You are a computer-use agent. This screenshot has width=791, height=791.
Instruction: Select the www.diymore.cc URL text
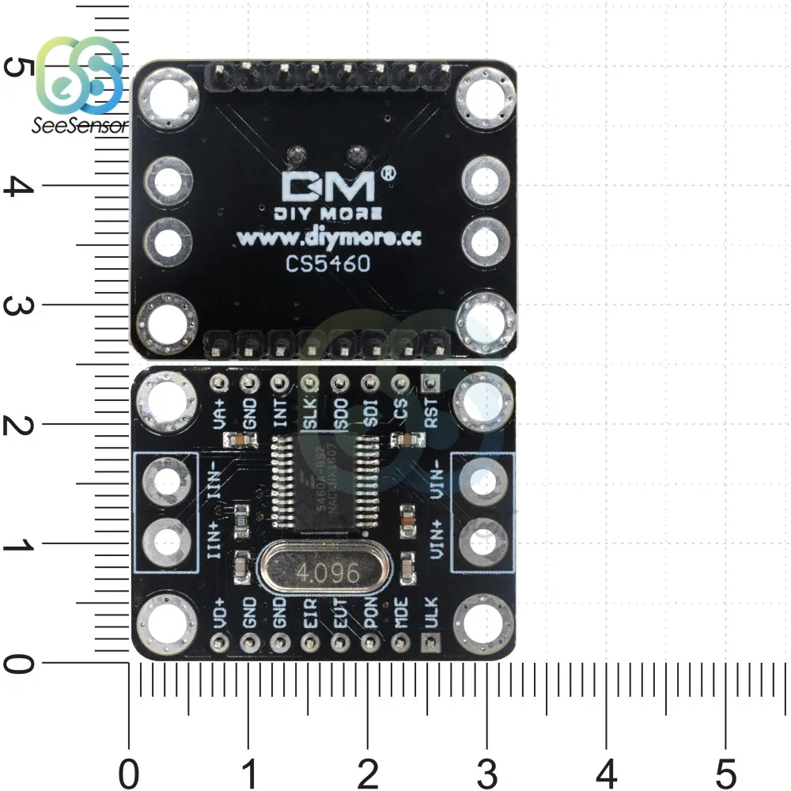point(328,238)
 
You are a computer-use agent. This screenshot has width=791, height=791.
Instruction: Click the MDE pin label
point(401,614)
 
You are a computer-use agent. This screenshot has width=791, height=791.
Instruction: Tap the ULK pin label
point(432,613)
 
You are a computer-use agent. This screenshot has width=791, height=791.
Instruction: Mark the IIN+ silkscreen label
point(214,540)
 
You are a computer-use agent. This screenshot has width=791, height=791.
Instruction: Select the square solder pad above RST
point(431,384)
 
